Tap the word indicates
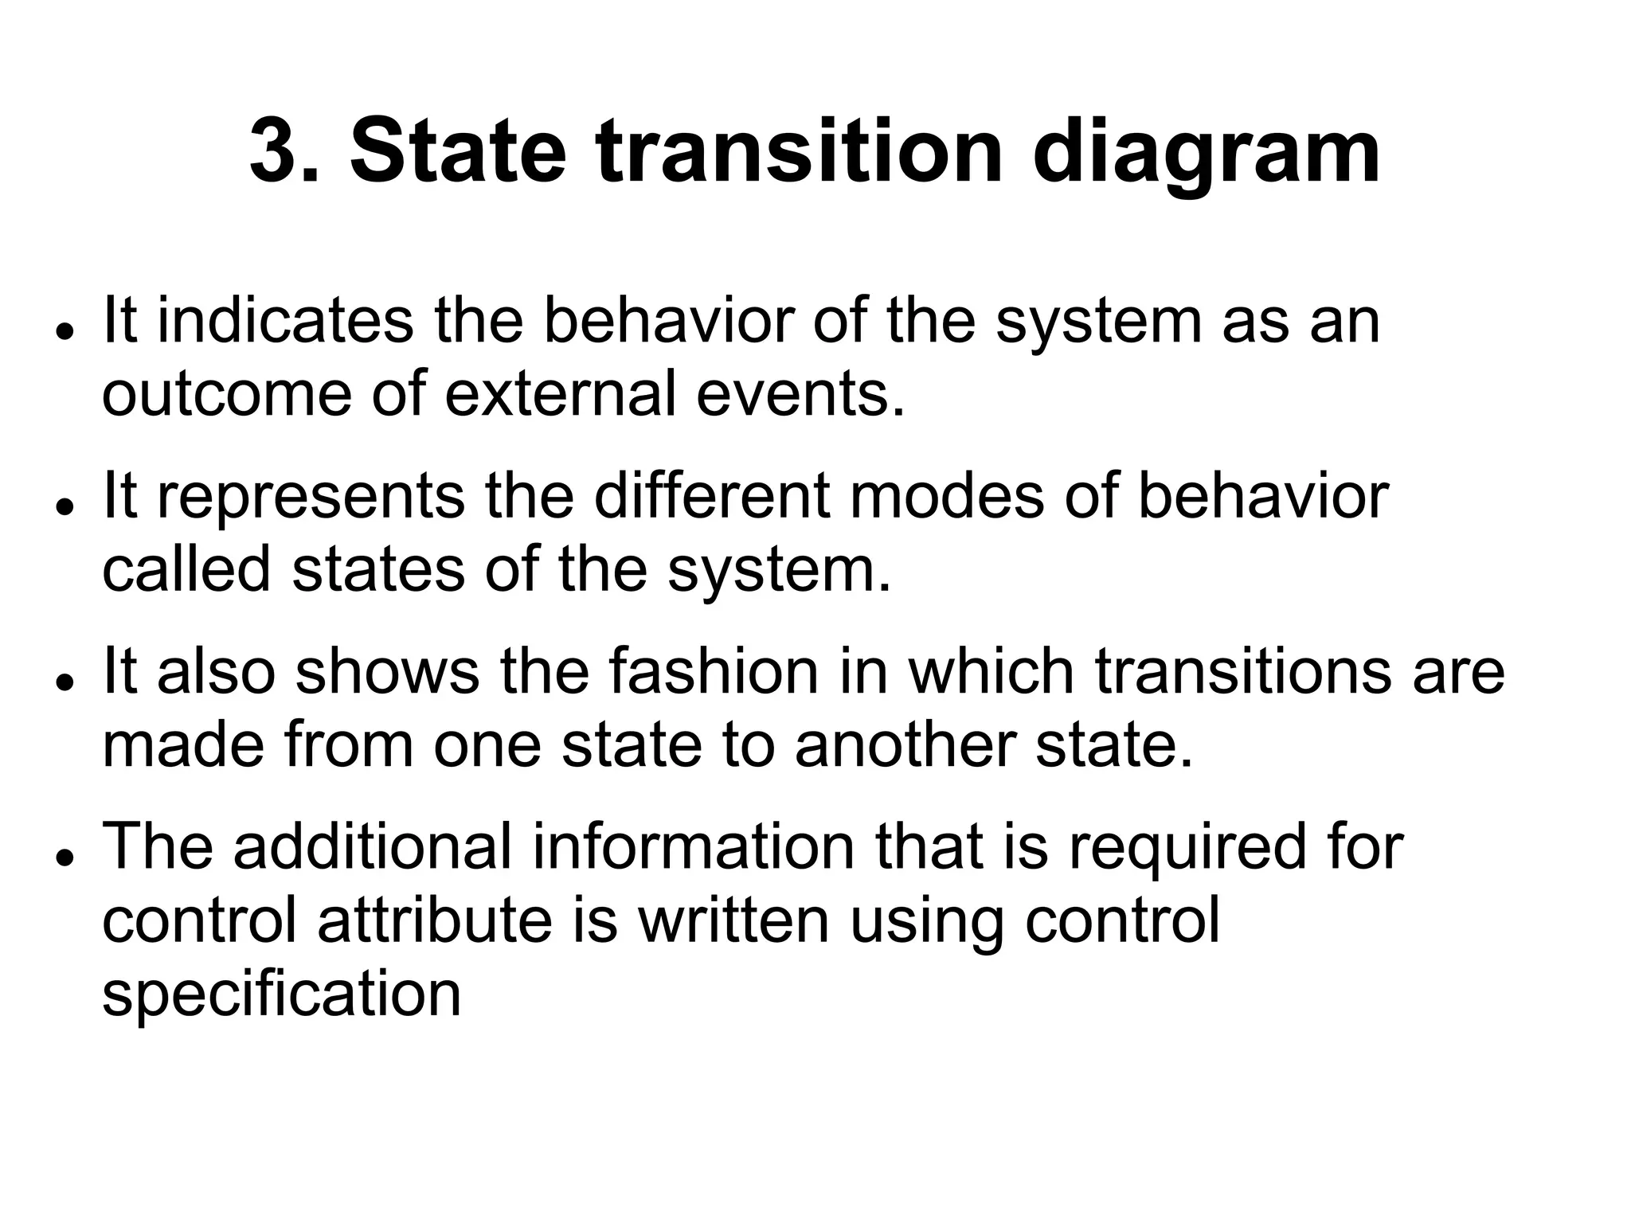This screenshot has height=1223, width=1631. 285,321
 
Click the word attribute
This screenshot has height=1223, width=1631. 435,920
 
